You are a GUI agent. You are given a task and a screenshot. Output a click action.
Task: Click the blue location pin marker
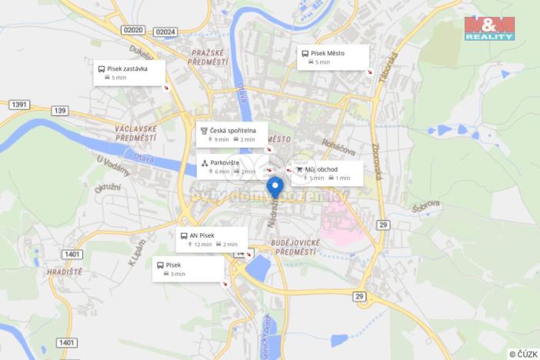click(x=275, y=187)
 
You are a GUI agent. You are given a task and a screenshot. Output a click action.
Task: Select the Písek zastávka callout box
click(x=128, y=72)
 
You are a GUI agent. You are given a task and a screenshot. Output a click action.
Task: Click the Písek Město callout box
click(x=332, y=58)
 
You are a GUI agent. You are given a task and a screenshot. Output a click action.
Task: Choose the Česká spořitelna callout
click(x=232, y=135)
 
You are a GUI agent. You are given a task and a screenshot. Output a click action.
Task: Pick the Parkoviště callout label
click(x=230, y=167)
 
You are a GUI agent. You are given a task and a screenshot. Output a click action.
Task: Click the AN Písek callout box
click(x=212, y=239)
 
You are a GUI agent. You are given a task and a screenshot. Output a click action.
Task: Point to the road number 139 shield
click(x=60, y=112)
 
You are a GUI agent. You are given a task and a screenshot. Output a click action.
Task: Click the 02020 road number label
click(x=133, y=30)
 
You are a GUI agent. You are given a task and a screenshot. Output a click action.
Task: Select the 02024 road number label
click(x=165, y=32)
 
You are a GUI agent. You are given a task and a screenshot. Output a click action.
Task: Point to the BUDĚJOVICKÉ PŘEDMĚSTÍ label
click(x=295, y=247)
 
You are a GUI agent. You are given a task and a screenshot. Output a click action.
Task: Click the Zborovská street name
click(x=376, y=162)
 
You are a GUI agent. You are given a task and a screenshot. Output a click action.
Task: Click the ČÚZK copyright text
click(x=523, y=353)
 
